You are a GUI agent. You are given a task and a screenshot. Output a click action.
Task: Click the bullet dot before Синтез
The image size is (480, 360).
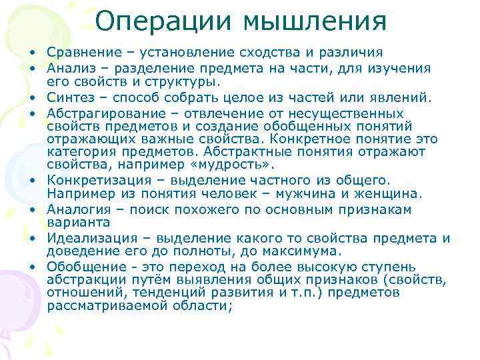tap(32, 99)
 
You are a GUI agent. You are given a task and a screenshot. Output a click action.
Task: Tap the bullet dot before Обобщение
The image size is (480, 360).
tap(32, 267)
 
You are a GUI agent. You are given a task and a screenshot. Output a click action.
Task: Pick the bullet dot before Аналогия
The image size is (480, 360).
tap(32, 210)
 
